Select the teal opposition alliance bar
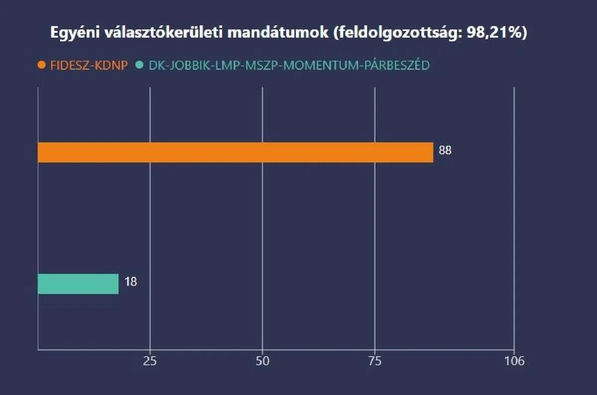point(78,284)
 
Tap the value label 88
point(445,150)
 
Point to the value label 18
point(130,282)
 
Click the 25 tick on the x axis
point(150,361)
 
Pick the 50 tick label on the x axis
point(262,361)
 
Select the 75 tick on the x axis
point(375,361)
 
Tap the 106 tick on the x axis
point(514,361)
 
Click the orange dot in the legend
point(42,65)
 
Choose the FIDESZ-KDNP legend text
point(89,65)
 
